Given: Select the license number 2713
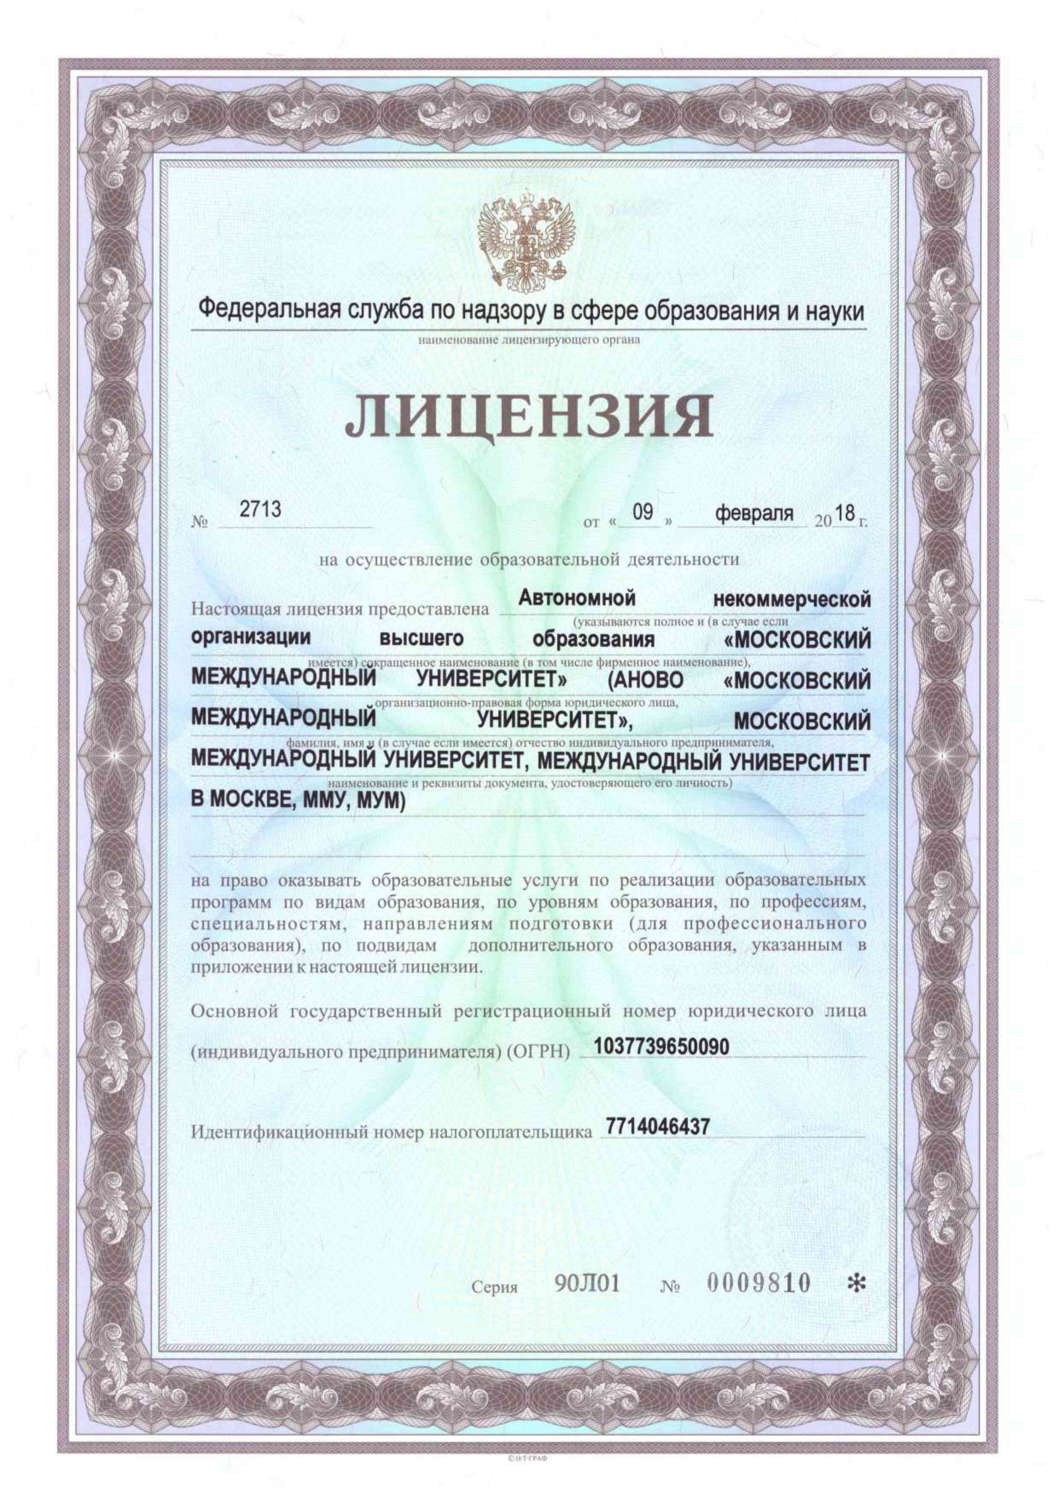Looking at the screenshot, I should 261,509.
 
